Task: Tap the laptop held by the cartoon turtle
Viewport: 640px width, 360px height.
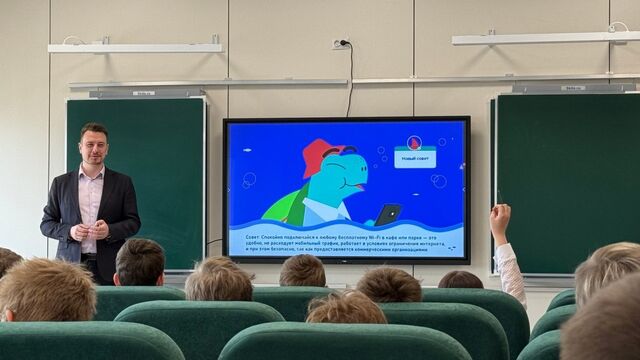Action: click(388, 213)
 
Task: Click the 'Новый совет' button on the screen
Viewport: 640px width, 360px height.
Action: click(414, 158)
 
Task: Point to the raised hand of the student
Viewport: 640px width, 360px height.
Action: click(500, 219)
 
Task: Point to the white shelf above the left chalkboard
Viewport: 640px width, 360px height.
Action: click(135, 47)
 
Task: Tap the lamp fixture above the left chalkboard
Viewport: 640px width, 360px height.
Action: click(146, 92)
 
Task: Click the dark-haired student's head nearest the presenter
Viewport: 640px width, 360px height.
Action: click(140, 261)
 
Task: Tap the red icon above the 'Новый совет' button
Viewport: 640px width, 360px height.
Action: click(414, 143)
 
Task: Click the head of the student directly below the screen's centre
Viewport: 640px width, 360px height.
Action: click(302, 271)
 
